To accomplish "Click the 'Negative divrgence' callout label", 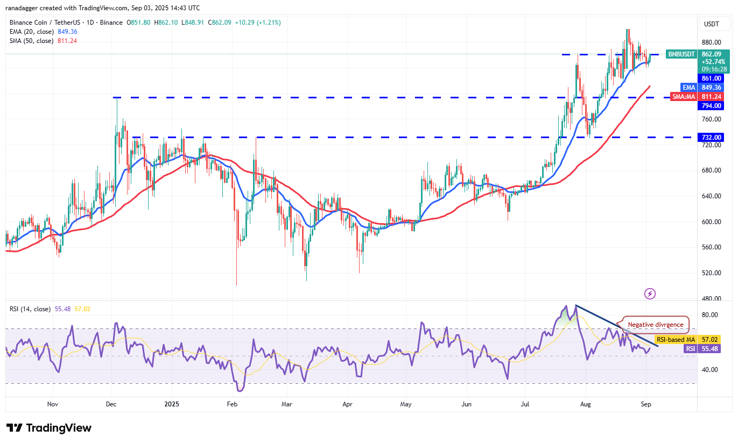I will coord(656,325).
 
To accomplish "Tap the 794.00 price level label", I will coord(711,106).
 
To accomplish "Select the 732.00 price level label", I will coord(711,137).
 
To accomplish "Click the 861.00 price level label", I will coord(711,78).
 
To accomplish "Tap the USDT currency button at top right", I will coord(712,24).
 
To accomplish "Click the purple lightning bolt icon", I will coord(650,293).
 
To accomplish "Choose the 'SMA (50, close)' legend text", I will coord(31,41).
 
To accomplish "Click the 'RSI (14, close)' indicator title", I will coord(30,309).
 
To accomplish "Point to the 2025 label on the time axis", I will coord(172,404).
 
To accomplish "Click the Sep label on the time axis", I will coord(646,404).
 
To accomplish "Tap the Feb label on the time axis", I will coord(232,404).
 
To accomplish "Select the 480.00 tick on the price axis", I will coord(711,298).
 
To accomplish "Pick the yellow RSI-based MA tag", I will coord(676,339).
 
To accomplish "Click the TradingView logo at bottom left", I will coord(49,428).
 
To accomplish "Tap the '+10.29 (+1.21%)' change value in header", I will coord(258,23).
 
